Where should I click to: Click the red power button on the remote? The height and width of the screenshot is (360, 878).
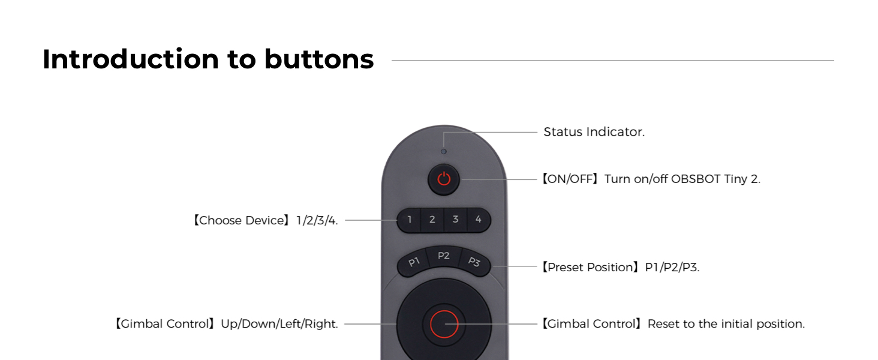pos(444,179)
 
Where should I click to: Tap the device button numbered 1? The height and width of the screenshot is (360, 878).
pos(410,220)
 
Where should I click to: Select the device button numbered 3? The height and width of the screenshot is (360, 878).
pos(455,220)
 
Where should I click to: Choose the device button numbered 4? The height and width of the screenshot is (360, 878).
pos(478,220)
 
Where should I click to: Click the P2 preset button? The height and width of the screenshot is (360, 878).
pos(444,256)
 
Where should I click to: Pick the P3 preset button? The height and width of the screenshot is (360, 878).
pos(474,262)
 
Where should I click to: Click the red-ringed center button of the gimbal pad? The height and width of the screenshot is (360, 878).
pos(444,324)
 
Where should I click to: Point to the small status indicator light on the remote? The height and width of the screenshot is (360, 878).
pos(444,151)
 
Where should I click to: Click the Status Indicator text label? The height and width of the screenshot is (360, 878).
pos(594,132)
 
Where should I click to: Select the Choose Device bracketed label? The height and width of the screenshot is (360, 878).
pos(241,220)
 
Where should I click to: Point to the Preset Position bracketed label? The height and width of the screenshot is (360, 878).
pos(591,267)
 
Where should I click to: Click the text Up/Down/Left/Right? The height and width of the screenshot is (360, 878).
pos(279,324)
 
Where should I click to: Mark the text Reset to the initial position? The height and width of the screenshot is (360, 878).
pos(726,324)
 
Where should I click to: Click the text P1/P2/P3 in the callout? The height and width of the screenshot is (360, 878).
pos(672,267)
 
